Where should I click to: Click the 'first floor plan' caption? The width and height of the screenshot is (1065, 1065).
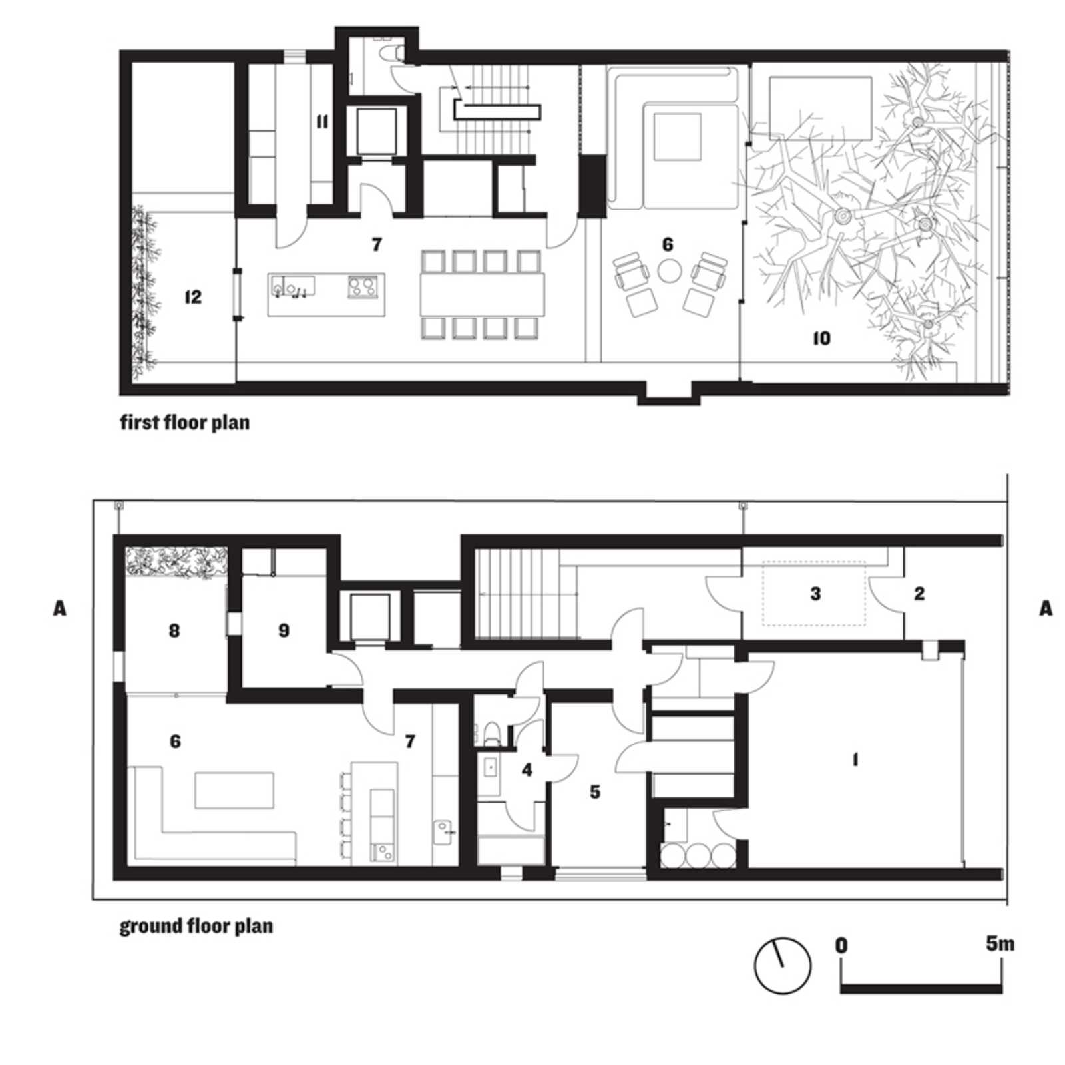click(x=185, y=423)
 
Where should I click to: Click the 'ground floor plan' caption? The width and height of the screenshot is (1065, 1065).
click(x=196, y=926)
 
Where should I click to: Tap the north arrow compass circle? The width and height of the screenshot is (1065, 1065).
click(x=783, y=966)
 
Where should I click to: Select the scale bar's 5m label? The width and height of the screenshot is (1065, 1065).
click(x=1000, y=943)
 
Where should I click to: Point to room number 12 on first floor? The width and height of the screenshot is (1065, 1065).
click(x=193, y=296)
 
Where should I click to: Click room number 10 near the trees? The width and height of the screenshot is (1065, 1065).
click(x=822, y=339)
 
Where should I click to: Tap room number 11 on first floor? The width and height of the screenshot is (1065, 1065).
click(x=322, y=122)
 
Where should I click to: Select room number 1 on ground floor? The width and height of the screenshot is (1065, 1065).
click(x=855, y=759)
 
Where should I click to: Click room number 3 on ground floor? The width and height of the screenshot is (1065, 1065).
click(x=815, y=593)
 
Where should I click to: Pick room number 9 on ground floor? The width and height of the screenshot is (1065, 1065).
click(x=284, y=630)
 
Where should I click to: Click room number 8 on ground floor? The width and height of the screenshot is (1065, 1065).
click(x=174, y=630)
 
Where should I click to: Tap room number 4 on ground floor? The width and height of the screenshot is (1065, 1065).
click(x=527, y=770)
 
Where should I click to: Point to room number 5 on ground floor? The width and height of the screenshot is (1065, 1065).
click(x=595, y=791)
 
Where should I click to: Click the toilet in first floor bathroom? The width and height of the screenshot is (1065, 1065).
click(x=391, y=51)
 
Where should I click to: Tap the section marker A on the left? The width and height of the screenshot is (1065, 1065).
click(x=60, y=608)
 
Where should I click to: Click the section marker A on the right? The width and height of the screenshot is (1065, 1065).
click(x=1046, y=608)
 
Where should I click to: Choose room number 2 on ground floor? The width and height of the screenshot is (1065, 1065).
click(x=919, y=593)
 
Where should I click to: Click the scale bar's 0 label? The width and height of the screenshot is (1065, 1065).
click(x=842, y=945)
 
